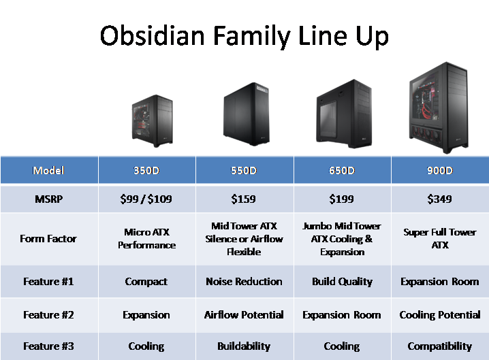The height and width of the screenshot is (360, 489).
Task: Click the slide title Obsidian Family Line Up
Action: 244,35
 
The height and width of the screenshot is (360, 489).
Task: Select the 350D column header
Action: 146,170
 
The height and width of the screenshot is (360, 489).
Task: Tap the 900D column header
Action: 440,170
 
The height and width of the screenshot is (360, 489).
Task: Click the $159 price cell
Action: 244,199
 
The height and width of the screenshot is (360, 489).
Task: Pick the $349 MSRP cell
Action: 440,199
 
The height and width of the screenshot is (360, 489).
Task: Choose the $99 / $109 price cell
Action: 146,199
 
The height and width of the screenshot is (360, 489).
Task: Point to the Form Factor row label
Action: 48,239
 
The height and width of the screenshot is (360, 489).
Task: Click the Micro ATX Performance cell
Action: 146,239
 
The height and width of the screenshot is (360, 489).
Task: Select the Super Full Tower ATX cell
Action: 440,239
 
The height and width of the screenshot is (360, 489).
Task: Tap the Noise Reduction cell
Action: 244,282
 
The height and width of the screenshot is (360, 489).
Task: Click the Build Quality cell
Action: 342,282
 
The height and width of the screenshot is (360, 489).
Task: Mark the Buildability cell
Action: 244,346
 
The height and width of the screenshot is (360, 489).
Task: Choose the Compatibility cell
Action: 440,346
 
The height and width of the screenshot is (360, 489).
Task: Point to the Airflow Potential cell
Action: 244,315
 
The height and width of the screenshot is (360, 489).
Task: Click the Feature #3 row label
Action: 48,346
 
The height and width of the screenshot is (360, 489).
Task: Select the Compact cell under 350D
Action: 146,282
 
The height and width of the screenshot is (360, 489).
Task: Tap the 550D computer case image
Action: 244,114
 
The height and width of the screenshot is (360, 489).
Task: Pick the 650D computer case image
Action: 344,114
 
